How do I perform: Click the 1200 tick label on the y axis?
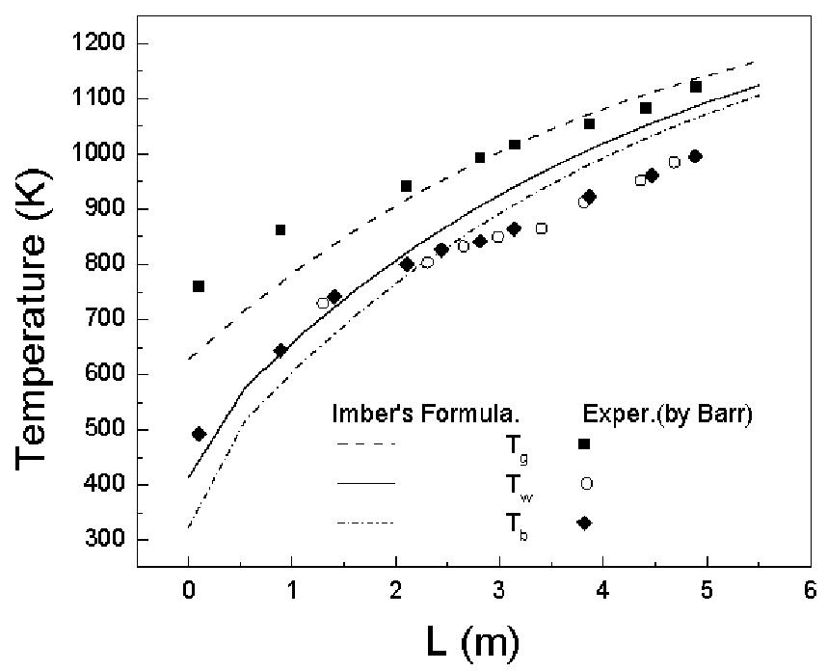point(109,44)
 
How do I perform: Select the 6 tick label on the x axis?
point(808,590)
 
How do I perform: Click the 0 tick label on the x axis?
point(187,590)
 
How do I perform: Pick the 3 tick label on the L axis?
point(498,590)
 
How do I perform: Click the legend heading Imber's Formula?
point(426,416)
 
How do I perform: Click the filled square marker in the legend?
point(584,443)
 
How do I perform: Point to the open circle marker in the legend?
point(584,483)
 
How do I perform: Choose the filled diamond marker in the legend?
point(584,523)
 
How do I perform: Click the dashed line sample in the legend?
point(367,444)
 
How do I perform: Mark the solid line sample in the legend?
point(367,483)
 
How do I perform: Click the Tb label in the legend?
point(491,524)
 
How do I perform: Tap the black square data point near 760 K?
point(199,286)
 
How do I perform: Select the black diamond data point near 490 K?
point(199,434)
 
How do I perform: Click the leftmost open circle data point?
point(323,303)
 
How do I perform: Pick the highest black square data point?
point(696,87)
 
